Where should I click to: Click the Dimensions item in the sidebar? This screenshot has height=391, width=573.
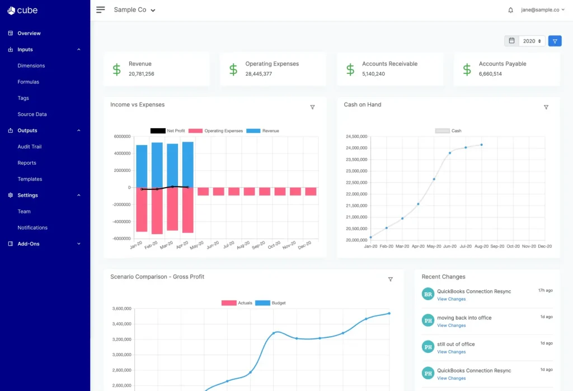pos(31,66)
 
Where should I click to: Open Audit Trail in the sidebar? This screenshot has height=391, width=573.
pos(29,147)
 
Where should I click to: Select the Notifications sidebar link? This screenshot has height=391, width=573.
pos(32,227)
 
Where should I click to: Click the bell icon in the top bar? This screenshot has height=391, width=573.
pos(510,10)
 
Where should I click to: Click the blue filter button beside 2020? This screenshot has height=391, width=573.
pos(555,41)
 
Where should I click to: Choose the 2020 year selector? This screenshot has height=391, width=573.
pos(532,41)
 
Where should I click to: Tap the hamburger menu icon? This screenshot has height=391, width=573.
pos(101,10)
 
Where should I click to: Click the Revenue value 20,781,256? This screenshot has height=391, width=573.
pos(141,74)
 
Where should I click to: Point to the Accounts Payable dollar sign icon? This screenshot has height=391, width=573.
pos(467,69)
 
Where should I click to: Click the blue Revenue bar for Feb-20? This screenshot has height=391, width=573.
pos(157,165)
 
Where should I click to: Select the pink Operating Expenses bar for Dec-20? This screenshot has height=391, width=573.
pos(311,192)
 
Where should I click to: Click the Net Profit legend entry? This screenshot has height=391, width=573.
pos(167,131)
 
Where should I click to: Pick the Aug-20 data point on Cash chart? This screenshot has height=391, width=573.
pos(481,145)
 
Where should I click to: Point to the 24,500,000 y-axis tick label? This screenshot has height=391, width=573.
pos(356,136)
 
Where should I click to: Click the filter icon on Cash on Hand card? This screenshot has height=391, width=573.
pos(546,107)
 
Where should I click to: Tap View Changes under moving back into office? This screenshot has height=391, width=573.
pos(451,325)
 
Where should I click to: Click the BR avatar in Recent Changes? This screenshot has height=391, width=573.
pos(428,294)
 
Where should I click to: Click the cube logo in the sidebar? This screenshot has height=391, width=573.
pos(23,10)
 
